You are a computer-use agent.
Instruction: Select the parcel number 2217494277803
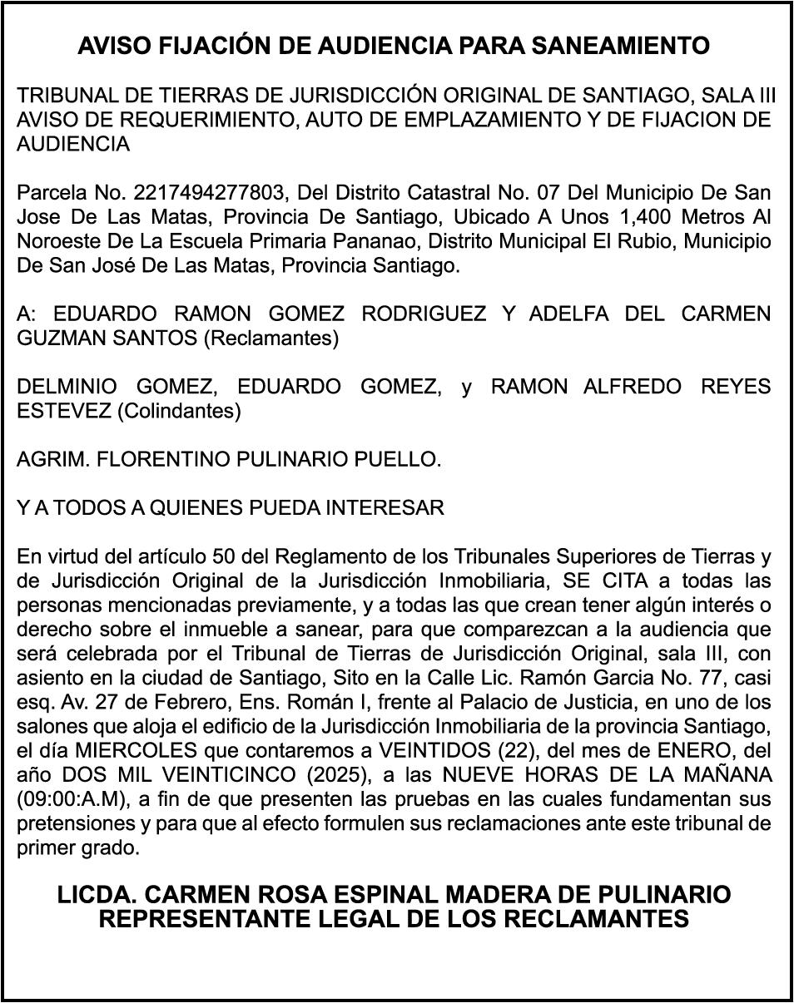[208, 194]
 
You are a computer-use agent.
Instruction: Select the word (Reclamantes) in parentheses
[273, 339]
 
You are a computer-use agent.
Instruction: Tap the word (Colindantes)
[179, 411]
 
